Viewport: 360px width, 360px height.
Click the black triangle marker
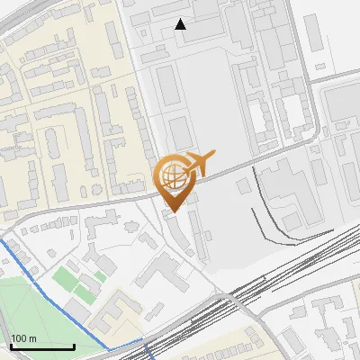point(181,24)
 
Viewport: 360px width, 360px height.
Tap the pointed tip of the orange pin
point(173,211)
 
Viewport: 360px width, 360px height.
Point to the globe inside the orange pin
point(173,175)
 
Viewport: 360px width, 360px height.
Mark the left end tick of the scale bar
point(11,346)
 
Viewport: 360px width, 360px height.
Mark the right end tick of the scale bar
point(74,346)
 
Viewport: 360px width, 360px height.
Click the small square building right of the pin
point(244,184)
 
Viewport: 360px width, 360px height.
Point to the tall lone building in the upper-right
point(314,32)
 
